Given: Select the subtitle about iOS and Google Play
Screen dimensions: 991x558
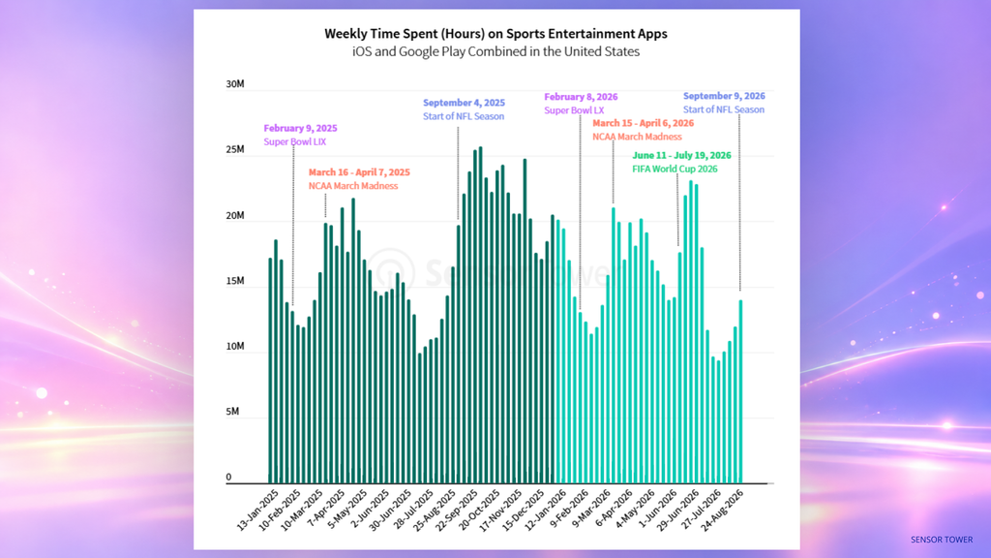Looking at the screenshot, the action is [496, 52].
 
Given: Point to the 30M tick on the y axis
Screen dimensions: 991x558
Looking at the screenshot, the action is [235, 84].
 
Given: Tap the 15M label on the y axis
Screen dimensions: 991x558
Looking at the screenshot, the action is [235, 281].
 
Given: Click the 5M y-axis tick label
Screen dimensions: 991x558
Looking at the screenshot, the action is [232, 411].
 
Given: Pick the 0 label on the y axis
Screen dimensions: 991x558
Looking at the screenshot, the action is [228, 477].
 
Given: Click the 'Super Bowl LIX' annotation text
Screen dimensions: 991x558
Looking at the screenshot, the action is [295, 141].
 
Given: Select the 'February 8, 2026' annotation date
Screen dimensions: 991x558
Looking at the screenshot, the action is [581, 97].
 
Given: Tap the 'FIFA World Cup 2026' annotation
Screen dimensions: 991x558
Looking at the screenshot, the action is [675, 169].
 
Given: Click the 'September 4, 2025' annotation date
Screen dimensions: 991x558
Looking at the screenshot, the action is [464, 103].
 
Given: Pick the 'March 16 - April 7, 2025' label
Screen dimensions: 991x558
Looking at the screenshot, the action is [359, 172].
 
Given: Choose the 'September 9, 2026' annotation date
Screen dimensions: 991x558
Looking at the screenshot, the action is [724, 96].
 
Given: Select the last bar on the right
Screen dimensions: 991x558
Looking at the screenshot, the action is [740, 391].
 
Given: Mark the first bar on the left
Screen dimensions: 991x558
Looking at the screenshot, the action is [271, 371].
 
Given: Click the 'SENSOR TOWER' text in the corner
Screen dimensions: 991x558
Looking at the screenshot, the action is [942, 540].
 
